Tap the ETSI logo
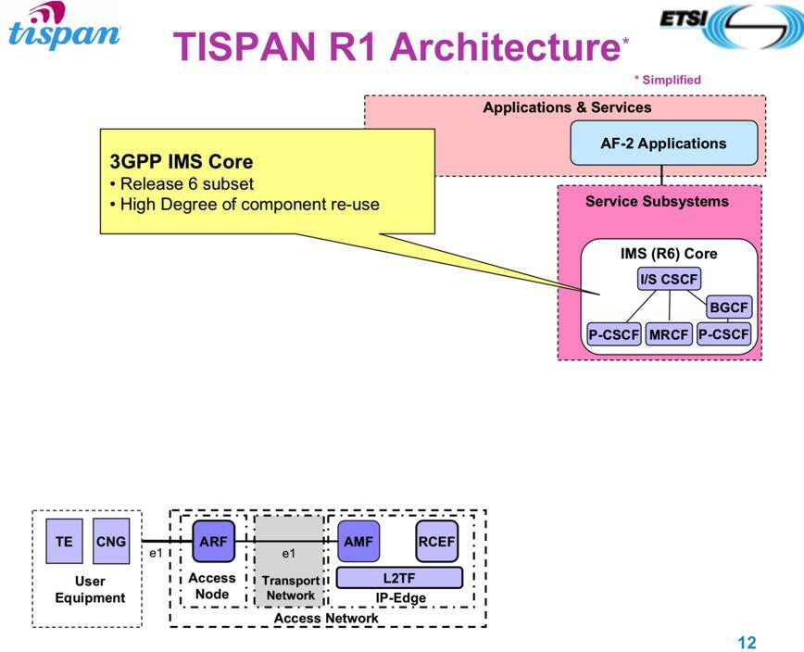coord(731,25)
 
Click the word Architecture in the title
coord(506,46)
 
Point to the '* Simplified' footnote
coord(667,80)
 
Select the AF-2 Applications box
coord(664,143)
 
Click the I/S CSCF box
coord(669,280)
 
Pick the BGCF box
coord(729,307)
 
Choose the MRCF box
coord(669,334)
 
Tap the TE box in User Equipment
coord(64,541)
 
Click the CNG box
coord(111,541)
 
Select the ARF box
coord(213,541)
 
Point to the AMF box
coord(358,541)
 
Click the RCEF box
coord(437,541)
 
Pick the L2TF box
coord(399,578)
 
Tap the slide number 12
coord(747,642)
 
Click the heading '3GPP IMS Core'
coord(182,161)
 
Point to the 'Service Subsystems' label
coord(657,202)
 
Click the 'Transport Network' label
coord(291,588)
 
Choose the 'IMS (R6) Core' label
coord(669,254)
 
